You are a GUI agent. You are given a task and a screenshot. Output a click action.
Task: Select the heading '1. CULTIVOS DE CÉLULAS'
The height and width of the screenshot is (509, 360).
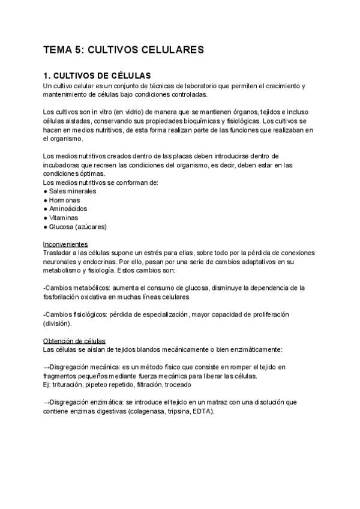point(97,76)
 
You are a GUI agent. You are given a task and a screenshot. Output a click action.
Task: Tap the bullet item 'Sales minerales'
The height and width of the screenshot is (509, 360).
point(73,191)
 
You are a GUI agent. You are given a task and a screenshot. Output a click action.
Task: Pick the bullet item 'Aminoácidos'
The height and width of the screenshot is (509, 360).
point(69,209)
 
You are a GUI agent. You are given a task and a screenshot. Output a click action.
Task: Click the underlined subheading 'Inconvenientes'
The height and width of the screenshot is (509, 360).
point(66,244)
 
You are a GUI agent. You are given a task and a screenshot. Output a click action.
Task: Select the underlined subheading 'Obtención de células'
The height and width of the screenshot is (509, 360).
point(74,340)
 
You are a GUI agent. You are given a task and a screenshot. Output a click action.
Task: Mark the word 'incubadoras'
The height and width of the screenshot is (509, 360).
point(63,165)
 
